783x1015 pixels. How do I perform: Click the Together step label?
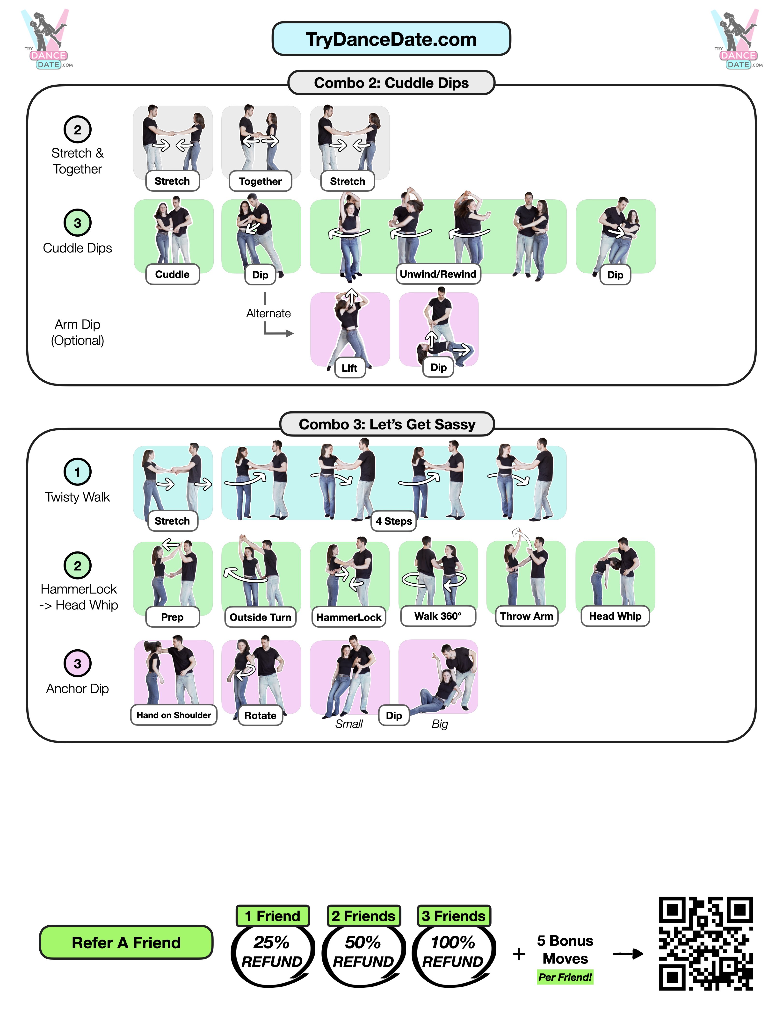pos(260,181)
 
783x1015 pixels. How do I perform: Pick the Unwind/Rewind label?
pos(438,274)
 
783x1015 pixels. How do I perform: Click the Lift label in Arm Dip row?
pos(349,368)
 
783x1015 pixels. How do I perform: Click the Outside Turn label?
pos(260,617)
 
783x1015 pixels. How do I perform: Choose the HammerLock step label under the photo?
pos(348,617)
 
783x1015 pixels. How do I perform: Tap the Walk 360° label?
pos(438,616)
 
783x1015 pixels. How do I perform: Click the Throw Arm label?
pos(527,616)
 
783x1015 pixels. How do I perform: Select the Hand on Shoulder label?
pos(173,715)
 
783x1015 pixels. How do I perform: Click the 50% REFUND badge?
pos(363,952)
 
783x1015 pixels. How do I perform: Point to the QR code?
pos(705,943)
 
